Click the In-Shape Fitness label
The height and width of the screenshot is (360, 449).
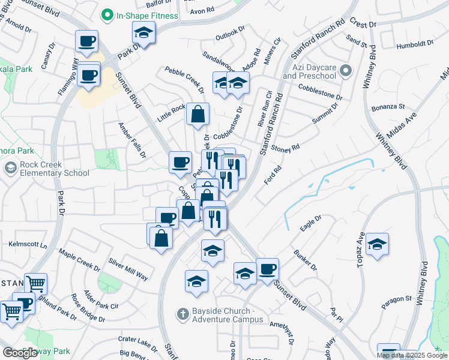click(147, 16)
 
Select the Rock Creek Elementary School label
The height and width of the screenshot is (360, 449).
click(46, 169)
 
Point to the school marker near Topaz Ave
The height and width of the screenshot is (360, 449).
click(377, 245)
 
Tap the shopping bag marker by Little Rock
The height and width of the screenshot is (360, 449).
click(197, 115)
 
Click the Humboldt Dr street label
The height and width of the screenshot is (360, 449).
click(415, 45)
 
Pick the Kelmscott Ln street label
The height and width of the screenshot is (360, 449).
click(28, 245)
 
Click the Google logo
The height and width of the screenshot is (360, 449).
click(20, 353)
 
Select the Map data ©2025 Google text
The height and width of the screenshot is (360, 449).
click(412, 355)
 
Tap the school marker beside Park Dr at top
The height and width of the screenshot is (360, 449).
click(143, 34)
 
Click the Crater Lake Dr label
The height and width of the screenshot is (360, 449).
click(137, 340)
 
